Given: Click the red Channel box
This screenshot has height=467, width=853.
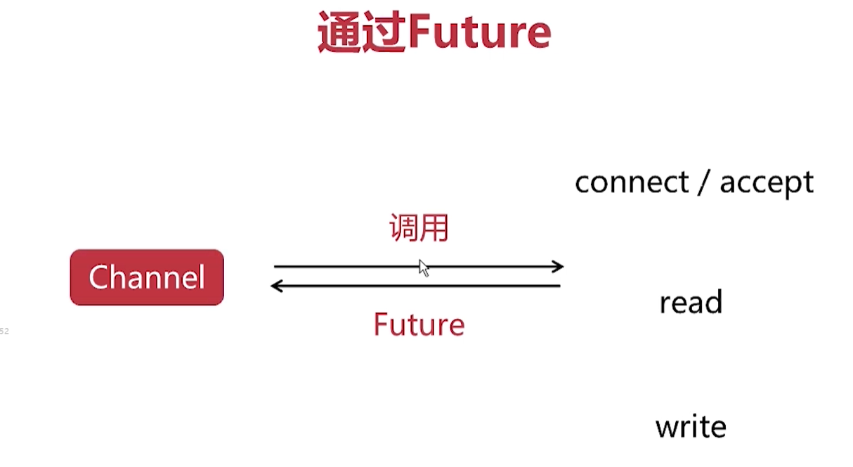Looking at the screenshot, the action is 147,277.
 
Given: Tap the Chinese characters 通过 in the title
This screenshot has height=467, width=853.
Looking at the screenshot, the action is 362,32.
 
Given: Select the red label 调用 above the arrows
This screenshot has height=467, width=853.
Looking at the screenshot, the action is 419,228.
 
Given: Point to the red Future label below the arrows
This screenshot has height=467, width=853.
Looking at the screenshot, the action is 419,324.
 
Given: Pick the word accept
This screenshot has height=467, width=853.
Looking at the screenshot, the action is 767,183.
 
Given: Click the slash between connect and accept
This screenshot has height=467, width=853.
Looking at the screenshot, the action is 704,183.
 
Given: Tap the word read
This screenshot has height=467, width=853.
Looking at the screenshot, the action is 691,303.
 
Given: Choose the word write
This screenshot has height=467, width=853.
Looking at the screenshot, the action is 691,427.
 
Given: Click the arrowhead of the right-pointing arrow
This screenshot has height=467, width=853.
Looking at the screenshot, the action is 558,266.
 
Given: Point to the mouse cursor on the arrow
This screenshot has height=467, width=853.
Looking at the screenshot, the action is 424,268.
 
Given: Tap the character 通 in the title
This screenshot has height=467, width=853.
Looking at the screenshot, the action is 339,32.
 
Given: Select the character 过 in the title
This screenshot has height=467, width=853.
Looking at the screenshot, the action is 384,32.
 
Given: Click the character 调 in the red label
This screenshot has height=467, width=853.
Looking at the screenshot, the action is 403,228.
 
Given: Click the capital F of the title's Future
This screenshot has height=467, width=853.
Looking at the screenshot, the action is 420,32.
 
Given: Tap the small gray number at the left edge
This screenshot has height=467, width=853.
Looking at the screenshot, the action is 4,331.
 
